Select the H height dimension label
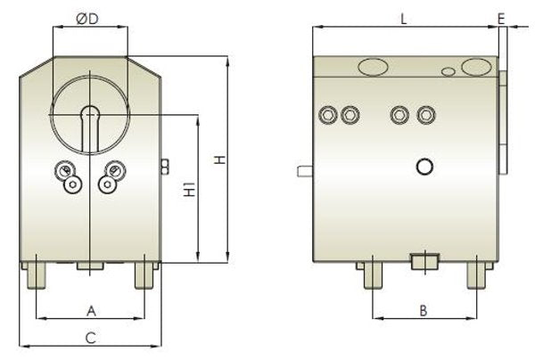[217, 160]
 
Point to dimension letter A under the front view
[90, 310]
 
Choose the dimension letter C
[90, 337]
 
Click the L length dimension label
[404, 19]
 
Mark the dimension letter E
[502, 19]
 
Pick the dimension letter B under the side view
[424, 310]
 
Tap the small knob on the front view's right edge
[164, 165]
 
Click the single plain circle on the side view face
[424, 166]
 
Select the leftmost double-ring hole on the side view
[330, 114]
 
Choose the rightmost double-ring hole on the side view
[427, 114]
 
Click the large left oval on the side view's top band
[373, 66]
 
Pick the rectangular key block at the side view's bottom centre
[424, 261]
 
